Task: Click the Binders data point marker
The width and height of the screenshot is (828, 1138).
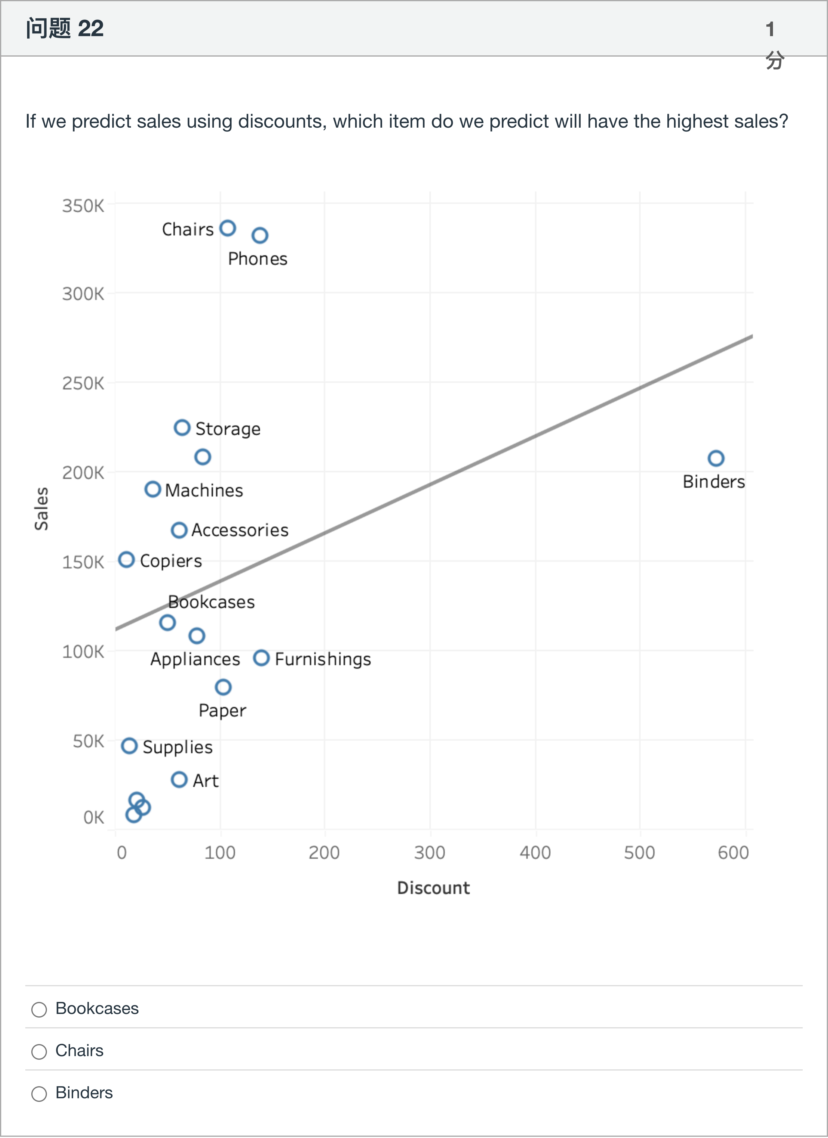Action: (716, 458)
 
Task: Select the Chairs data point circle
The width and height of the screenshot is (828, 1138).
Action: (228, 228)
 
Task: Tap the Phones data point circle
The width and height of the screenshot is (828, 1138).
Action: (260, 235)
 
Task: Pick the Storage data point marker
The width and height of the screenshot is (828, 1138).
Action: (182, 428)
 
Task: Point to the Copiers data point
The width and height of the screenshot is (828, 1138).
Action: (126, 559)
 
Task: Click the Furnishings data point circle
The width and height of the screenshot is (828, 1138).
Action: (261, 658)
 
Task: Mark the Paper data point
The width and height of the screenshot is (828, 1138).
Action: (223, 687)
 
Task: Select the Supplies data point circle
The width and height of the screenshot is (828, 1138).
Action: (129, 746)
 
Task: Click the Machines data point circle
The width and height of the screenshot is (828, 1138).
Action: (153, 489)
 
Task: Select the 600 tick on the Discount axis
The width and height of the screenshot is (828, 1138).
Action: (733, 853)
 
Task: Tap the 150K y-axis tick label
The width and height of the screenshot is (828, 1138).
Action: (83, 562)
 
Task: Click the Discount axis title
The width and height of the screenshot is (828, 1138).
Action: (433, 888)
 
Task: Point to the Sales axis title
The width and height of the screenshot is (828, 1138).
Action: (42, 508)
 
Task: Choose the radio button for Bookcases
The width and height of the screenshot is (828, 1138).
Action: (39, 1009)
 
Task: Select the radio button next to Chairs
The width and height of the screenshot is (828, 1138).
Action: (39, 1051)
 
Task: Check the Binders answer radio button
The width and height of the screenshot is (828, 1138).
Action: (39, 1093)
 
